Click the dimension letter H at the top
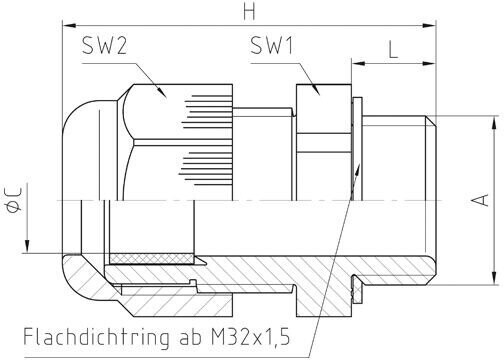tap(249, 12)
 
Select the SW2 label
tap(104, 46)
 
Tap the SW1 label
tap(272, 46)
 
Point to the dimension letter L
tap(394, 51)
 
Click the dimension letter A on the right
tap(480, 200)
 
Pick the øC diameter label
tap(14, 200)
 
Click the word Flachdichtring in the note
tap(96, 337)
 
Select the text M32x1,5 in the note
tap(251, 339)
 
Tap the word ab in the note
tap(188, 338)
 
